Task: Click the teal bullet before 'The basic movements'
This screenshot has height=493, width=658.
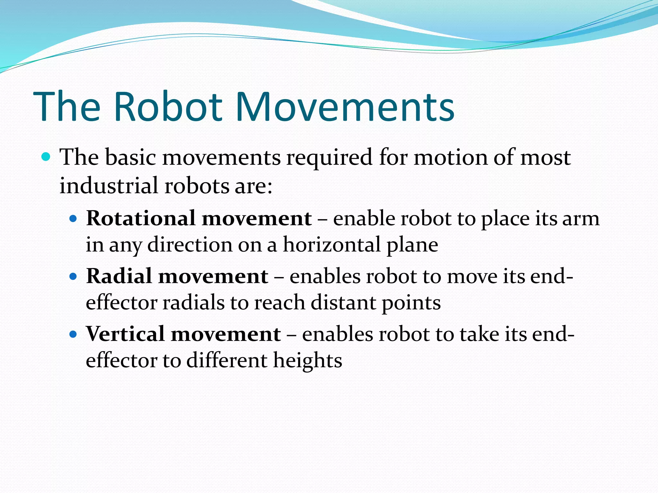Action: tap(46, 157)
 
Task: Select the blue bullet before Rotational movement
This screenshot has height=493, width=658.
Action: tap(74, 219)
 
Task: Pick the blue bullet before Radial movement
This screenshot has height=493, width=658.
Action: tap(74, 276)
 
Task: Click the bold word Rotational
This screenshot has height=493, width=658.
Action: tap(140, 218)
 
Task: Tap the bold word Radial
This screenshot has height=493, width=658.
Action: tap(119, 276)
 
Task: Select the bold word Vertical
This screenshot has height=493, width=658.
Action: tap(125, 334)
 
